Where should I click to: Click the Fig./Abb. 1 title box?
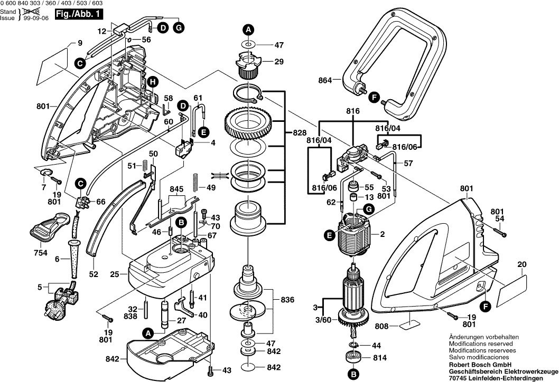79,16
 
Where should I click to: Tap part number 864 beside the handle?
325,81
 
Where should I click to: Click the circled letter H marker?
152,82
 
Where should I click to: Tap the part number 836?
287,300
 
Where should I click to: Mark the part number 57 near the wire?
408,164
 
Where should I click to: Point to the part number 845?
176,189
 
